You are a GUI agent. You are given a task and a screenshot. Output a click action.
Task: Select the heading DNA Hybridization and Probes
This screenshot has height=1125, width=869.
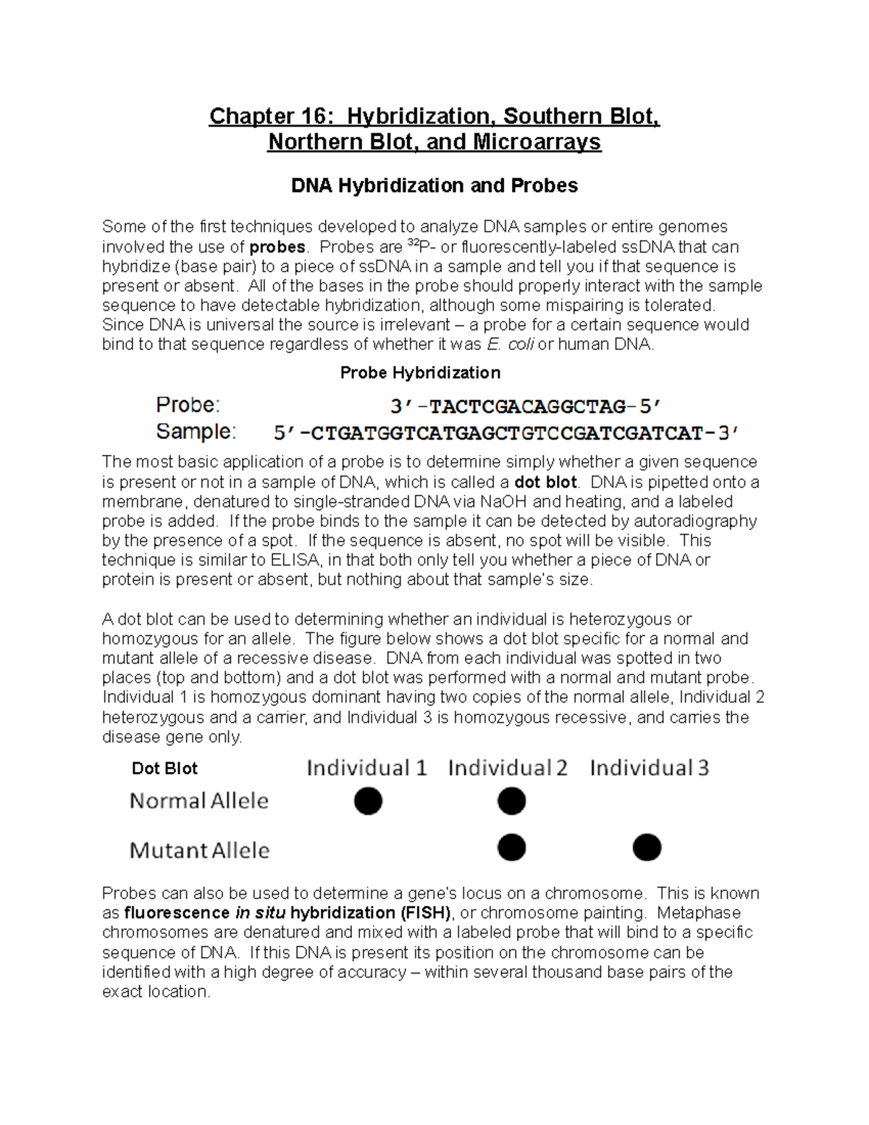point(434,186)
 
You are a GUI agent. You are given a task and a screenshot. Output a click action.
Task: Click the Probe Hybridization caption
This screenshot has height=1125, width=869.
point(420,373)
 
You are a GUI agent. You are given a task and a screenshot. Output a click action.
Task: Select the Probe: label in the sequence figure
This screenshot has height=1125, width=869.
point(188,404)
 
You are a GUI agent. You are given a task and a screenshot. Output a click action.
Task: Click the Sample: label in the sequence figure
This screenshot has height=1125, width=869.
point(196,432)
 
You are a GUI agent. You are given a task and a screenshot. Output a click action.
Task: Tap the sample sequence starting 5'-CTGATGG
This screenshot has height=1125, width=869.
point(506,434)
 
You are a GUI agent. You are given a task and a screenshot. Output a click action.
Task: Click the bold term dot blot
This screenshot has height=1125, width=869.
point(545,482)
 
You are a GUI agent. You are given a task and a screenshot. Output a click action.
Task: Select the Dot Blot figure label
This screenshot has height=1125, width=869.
point(164,769)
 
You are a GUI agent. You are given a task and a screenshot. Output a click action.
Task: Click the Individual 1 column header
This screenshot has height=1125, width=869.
point(366,768)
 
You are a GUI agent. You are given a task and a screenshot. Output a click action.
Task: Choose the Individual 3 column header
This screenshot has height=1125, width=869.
point(649,768)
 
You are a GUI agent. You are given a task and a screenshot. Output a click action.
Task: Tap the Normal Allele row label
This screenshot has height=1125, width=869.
point(199,801)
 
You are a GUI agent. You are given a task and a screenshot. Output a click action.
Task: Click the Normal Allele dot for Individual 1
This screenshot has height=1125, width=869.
point(368,801)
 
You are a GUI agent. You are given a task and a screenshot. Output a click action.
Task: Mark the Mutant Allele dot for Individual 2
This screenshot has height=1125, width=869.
point(511,847)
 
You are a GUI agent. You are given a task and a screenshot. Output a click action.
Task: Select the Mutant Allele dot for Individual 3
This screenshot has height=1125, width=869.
point(647,847)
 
